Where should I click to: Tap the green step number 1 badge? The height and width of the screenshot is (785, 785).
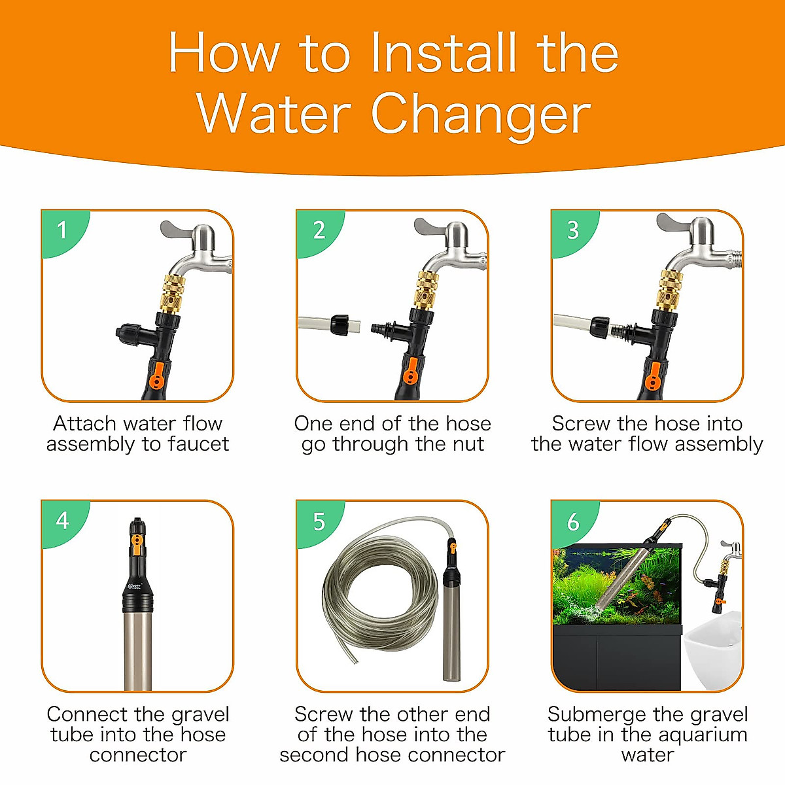(62, 230)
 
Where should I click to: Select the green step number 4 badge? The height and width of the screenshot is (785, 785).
(62, 521)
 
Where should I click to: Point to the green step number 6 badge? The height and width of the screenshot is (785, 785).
(572, 522)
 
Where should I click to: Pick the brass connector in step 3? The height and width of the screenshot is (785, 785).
(671, 290)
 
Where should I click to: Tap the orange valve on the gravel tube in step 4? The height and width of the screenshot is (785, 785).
(137, 542)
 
